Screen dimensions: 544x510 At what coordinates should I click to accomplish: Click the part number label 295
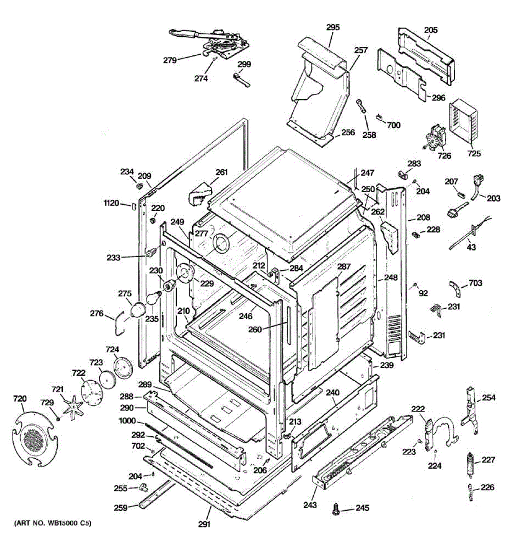(x=333, y=27)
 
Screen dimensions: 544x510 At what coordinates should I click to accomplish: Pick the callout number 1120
(x=112, y=204)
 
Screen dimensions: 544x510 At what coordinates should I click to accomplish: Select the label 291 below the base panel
(x=204, y=525)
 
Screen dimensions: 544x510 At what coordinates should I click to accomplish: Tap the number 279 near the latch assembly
(x=170, y=59)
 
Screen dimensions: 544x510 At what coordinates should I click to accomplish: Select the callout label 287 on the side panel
(x=344, y=267)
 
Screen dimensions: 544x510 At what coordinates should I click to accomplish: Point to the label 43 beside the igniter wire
(x=471, y=247)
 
